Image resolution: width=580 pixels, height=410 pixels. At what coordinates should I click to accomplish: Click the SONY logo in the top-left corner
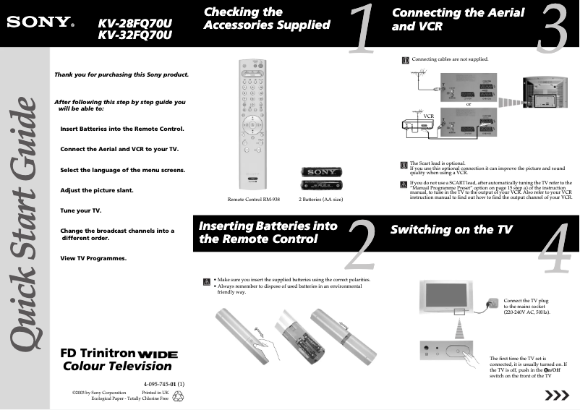40,21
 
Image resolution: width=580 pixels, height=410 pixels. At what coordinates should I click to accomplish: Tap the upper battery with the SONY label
320,172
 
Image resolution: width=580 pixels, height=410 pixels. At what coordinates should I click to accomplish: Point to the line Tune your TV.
80,210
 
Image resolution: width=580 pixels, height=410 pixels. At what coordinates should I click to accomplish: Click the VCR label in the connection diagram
428,116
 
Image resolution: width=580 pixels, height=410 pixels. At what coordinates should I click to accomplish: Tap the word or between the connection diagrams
469,103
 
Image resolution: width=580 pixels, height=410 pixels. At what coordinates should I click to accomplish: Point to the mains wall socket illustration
493,302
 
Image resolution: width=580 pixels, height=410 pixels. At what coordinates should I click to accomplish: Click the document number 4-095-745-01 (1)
165,383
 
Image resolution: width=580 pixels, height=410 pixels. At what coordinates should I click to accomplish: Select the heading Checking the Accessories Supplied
267,19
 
